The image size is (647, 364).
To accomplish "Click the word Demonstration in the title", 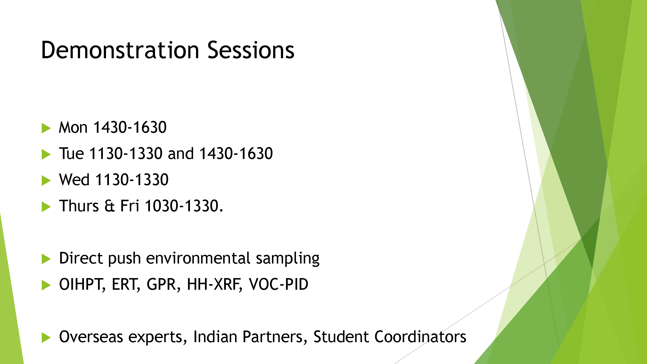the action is [x=120, y=50].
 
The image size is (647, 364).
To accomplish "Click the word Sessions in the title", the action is [x=251, y=50].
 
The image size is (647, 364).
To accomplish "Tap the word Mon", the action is [x=73, y=127].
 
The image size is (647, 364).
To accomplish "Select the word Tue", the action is [x=71, y=154].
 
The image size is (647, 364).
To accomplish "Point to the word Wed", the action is [x=74, y=180].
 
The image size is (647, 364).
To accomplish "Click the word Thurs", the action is [x=79, y=206].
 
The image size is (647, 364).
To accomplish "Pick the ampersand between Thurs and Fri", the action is [x=109, y=206].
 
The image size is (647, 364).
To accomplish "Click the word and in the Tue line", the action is [x=180, y=154].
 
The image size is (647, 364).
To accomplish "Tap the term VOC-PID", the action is [x=278, y=284].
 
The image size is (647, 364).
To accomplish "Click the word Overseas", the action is [x=91, y=337].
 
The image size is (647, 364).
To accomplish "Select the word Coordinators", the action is [x=420, y=337].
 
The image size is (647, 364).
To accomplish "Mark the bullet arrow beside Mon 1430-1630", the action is [x=46, y=128].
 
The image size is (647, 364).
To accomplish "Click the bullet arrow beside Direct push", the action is [x=46, y=259].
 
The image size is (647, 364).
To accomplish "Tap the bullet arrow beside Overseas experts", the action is [x=46, y=338].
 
